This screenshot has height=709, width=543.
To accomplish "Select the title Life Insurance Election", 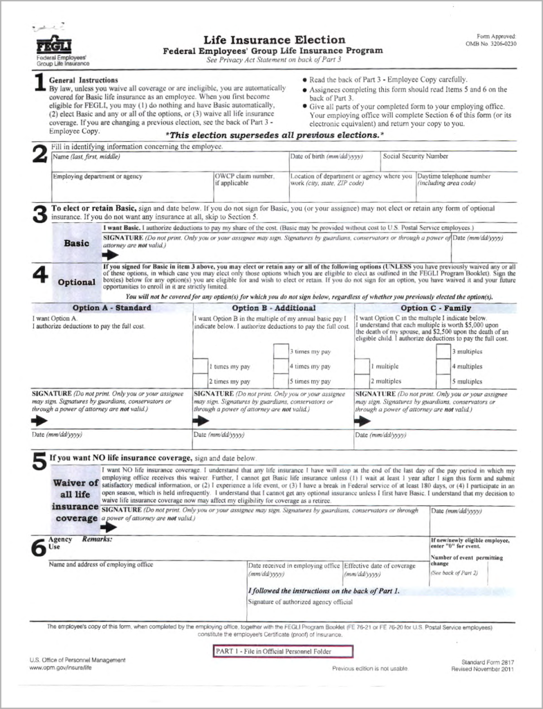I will point(274,39).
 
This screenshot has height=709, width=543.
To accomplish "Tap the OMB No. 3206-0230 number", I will point(491,43).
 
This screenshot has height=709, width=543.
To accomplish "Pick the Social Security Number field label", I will point(416,156).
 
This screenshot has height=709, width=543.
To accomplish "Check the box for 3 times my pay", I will point(280,351).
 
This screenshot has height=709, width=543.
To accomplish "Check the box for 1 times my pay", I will point(201,366).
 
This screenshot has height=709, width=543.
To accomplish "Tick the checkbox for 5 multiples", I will point(443,380).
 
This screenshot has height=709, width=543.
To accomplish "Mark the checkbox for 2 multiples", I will point(362,380).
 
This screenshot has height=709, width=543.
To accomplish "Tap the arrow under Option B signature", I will point(201,420).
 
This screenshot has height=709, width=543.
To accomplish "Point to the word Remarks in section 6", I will point(97,538).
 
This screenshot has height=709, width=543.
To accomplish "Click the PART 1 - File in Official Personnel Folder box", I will point(283,652).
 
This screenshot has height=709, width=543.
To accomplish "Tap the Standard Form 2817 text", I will point(488,663).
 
